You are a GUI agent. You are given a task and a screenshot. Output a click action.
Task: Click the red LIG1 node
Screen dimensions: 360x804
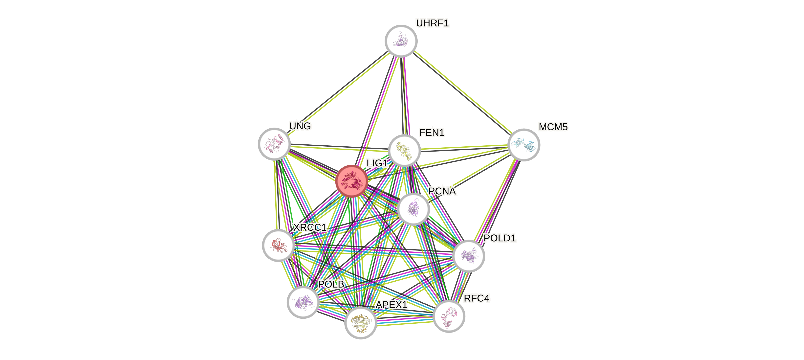coord(351,181)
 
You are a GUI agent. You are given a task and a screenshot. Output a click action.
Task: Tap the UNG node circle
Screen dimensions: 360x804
coord(274,144)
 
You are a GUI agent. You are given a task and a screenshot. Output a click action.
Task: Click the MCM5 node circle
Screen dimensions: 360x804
coord(524,145)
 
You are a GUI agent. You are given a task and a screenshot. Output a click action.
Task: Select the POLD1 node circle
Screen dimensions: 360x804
coord(468,256)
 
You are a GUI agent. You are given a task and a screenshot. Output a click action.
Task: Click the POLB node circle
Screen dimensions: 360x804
coord(303,302)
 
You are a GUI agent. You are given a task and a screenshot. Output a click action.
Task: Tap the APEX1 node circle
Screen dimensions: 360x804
coord(361,322)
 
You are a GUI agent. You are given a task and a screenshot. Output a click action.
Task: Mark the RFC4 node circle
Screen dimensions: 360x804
coord(449,316)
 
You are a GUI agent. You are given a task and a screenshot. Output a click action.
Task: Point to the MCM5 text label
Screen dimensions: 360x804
coord(553,127)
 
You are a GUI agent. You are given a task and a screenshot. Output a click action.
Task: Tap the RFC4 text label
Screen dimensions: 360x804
coord(476,298)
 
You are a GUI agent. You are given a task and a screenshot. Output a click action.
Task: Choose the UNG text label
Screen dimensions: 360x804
coord(300,126)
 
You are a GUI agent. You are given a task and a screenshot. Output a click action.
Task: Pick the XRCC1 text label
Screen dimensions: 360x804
coord(309,227)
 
